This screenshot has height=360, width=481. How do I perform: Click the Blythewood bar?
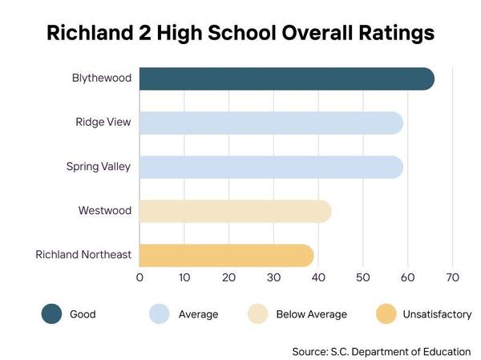coord(286,79)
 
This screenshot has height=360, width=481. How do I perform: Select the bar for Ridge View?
coord(271,123)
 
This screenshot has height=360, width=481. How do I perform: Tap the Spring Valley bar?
coord(271,167)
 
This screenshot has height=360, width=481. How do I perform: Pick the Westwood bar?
coord(235,211)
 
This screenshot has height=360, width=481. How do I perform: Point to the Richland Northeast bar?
coord(226,255)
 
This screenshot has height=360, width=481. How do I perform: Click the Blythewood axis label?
coord(101,79)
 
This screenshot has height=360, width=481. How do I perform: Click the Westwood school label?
coord(104,211)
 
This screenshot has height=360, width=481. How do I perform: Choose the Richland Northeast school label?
coord(83,255)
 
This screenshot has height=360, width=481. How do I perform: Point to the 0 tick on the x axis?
coord(139,277)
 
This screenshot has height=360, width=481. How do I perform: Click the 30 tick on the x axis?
coord(273,277)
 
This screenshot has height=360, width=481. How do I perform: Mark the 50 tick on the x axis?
coord(363,277)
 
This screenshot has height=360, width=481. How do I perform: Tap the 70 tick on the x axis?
coord(452,277)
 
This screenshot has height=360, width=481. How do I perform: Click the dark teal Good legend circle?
coord(51,314)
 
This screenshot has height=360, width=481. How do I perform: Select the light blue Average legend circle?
coord(160,314)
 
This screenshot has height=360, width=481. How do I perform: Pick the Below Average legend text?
coord(311,314)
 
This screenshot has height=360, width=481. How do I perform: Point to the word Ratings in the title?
coord(388,34)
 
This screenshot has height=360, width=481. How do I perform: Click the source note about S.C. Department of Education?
coord(381,351)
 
